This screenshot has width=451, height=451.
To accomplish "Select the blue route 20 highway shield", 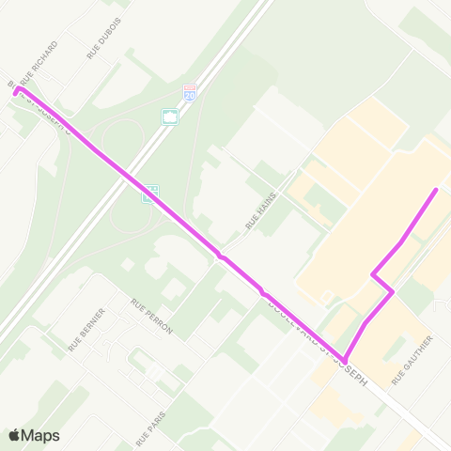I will pos(189,96).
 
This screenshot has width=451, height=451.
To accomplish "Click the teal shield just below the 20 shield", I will pos(170,117).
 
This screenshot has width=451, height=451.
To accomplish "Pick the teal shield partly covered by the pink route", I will pos(148,194).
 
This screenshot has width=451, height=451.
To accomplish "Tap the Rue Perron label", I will pos(152,317).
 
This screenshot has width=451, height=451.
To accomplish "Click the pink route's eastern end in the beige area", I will pos(436,190).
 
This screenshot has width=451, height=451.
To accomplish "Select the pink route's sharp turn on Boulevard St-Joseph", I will pos(345,361).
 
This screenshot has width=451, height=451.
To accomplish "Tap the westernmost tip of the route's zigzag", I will pos(373,275).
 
